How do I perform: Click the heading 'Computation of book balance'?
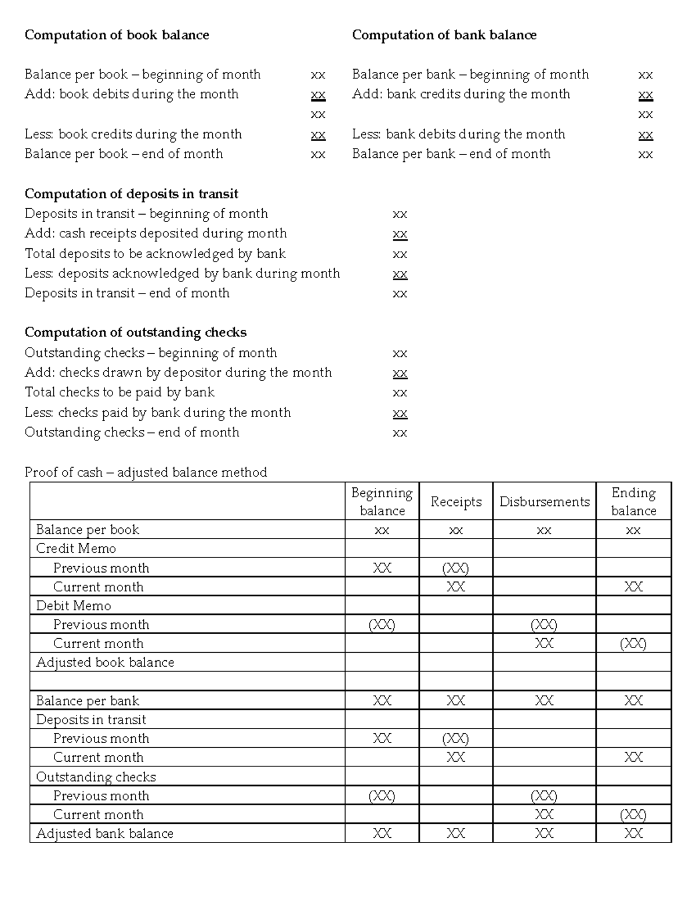pos(117,35)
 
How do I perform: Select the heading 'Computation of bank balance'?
pos(444,35)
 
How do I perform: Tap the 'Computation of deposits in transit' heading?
pos(131,194)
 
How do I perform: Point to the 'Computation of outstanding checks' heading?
pos(135,332)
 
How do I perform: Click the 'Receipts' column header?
pos(456,502)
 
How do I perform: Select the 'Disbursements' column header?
pos(544,502)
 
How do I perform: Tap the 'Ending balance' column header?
pos(633,502)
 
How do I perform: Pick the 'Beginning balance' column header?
pos(382,502)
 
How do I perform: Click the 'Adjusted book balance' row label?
pos(105,663)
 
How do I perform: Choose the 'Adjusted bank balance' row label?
pos(104,834)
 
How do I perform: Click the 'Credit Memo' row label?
pos(76,549)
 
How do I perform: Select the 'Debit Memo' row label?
pos(74,606)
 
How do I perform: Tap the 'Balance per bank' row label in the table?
pos(88,701)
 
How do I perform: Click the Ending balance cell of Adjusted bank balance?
pos(633,834)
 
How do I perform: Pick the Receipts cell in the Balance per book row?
pos(456,530)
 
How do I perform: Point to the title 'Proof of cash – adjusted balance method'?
pos(146,472)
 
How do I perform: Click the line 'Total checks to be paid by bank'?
pos(119,392)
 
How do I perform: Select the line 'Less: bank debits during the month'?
pos(458,134)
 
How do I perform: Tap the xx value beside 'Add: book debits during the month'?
pos(318,95)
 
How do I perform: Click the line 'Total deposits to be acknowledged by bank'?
pos(155,254)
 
